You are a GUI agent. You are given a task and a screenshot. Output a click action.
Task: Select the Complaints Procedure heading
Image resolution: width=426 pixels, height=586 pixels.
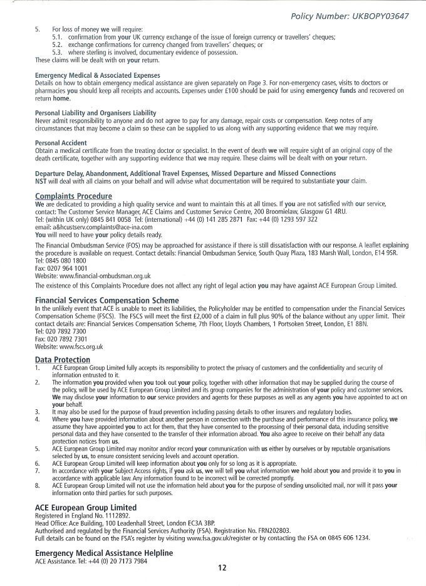(x=74, y=196)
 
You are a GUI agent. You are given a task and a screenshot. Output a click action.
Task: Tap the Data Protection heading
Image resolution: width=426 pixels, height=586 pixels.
(x=63, y=360)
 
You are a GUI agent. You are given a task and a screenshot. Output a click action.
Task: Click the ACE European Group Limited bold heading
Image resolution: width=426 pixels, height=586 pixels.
(x=86, y=506)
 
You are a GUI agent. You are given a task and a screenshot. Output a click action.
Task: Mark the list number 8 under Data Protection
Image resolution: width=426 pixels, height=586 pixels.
(x=38, y=484)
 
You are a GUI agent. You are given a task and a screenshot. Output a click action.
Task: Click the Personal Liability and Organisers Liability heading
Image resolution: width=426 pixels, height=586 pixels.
(x=101, y=112)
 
